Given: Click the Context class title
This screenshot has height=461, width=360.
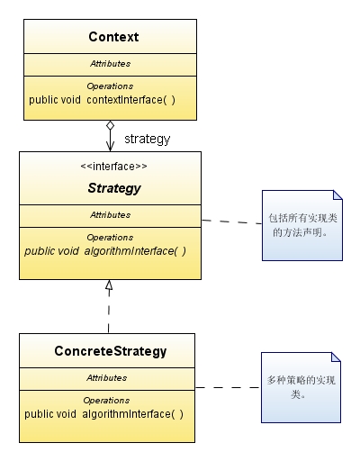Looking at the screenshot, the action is coord(113,37).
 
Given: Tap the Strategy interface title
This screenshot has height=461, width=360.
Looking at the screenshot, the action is coord(114,188).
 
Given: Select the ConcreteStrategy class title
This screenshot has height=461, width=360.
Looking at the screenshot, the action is coord(111,351).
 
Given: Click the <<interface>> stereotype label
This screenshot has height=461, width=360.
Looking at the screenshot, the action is coord(113,167).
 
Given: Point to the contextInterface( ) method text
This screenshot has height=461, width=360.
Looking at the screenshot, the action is coord(130,100).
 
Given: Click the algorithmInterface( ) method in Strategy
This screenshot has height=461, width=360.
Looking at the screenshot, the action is coord(135,251).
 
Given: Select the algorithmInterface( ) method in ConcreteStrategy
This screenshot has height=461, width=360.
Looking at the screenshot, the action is coord(132,414).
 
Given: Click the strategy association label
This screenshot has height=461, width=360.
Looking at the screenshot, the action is coord(148,139).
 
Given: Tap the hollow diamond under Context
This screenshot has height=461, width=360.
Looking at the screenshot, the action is coord(110,125).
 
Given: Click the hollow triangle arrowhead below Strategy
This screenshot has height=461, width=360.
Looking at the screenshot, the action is coord(109,285).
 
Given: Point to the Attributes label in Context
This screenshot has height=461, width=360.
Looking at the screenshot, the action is coord(111,64).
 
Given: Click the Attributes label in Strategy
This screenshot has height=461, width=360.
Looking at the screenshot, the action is coord(111,215).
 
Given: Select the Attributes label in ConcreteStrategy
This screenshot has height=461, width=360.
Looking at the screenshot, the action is coord(107,378).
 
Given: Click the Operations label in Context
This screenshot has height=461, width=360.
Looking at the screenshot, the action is coord(110,86).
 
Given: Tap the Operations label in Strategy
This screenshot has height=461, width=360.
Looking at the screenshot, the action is coord(110,238).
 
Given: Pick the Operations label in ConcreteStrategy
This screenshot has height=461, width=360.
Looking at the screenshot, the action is coord(106,401).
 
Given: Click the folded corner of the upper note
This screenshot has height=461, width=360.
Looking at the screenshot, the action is coord(337,195).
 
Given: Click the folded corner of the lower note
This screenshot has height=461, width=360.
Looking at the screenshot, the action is coord(336,357).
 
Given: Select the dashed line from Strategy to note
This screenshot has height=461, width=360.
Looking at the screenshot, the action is coord(231,221).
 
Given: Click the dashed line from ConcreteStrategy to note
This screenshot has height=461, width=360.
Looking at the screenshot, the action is coord(228,387).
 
